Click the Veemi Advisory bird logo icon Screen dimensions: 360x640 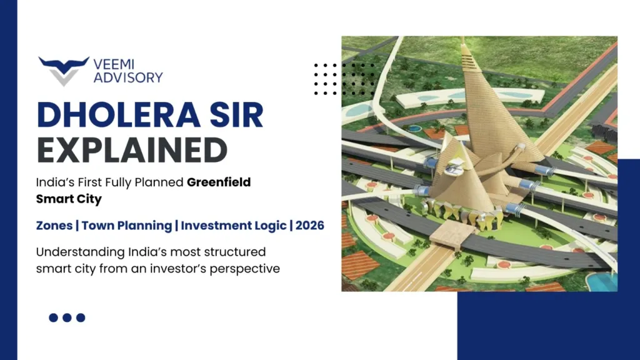tap(63, 69)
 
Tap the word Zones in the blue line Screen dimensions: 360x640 tap(55, 226)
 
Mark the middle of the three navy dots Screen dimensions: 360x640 tap(67, 317)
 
